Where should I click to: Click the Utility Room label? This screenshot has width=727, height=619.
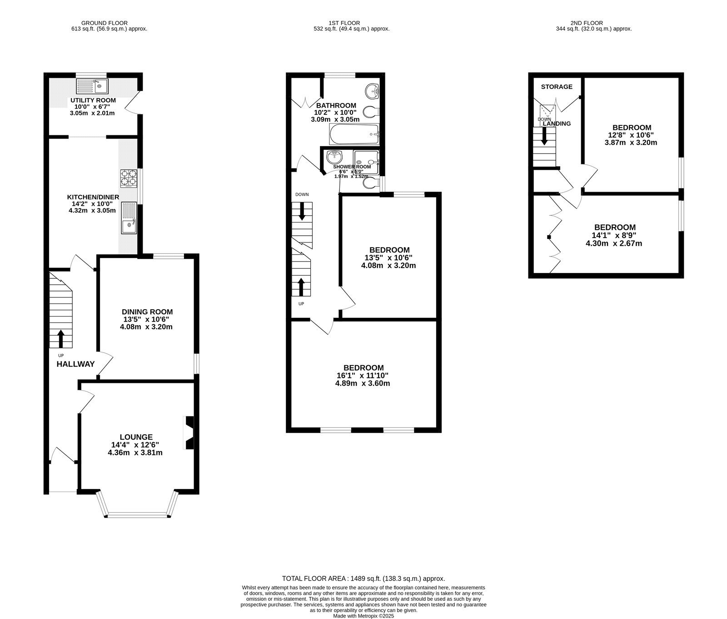(x=93, y=100)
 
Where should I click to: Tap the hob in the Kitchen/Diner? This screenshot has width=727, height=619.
(x=129, y=178)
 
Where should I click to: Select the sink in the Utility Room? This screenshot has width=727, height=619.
(x=92, y=86)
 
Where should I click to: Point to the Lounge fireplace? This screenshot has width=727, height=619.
(x=188, y=433)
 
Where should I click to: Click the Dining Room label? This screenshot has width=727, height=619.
(x=147, y=312)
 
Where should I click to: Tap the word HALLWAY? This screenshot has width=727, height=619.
(x=75, y=364)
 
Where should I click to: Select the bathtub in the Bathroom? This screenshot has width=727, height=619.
(x=354, y=134)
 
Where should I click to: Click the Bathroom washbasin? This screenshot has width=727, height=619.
(x=373, y=90)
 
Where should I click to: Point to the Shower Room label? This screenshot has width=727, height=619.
(x=352, y=167)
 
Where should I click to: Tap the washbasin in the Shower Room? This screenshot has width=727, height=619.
(x=335, y=157)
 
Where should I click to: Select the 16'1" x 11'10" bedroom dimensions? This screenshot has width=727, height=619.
(x=363, y=376)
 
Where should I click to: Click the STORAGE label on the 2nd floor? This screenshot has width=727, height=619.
(x=557, y=87)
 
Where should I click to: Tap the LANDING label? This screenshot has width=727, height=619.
(x=557, y=124)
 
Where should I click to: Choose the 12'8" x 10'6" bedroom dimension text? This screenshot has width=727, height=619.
(x=631, y=135)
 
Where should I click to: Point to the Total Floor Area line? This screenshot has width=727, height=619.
(x=363, y=579)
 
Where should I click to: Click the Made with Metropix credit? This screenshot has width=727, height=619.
(x=363, y=616)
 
